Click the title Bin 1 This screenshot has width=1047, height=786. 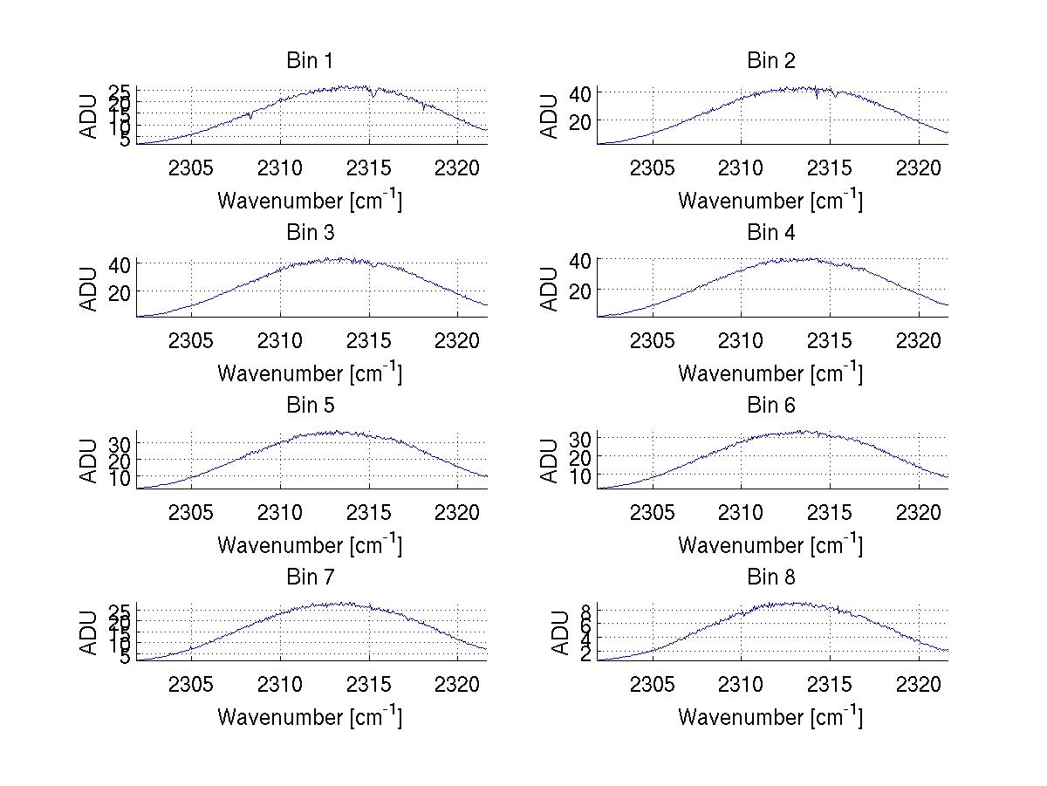tap(310, 61)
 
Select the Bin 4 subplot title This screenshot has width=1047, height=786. tap(771, 233)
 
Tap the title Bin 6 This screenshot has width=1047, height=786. tap(771, 405)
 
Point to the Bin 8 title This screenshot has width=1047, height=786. tap(771, 577)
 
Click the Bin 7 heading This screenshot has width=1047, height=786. tap(310, 577)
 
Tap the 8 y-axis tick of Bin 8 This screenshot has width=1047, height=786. tap(587, 610)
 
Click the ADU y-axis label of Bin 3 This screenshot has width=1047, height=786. tap(89, 290)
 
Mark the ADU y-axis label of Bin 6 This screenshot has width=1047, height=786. tap(550, 461)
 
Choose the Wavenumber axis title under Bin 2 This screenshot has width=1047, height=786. tap(771, 200)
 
